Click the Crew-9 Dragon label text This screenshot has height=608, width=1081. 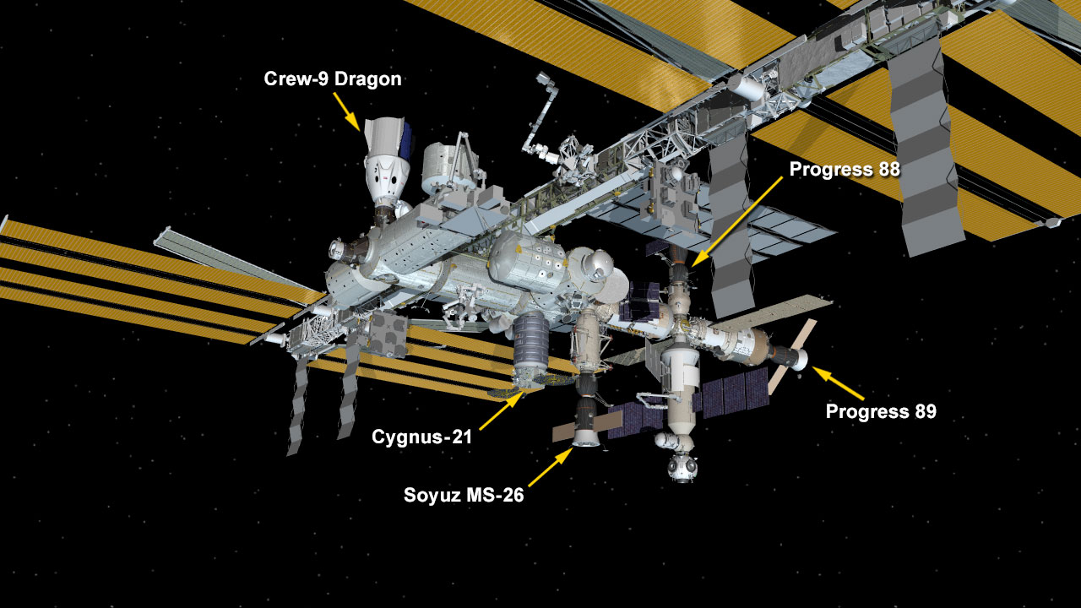click(333, 79)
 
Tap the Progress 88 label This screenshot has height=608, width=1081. click(845, 170)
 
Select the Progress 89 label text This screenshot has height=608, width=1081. click(881, 411)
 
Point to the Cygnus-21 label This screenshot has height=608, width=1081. click(421, 437)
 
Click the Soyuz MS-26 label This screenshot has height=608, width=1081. click(464, 495)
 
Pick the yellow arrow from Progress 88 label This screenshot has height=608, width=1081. click(736, 222)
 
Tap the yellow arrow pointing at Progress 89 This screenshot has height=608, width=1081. click(838, 383)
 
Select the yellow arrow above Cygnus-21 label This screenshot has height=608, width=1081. click(502, 410)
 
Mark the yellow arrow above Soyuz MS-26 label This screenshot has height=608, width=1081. click(551, 467)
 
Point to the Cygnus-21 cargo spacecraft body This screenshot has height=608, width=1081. click(531, 345)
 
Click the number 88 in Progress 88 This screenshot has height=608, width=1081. click(887, 170)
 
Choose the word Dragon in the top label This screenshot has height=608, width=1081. click(367, 79)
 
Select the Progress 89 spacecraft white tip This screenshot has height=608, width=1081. click(799, 360)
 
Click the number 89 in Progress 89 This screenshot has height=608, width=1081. click(923, 411)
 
